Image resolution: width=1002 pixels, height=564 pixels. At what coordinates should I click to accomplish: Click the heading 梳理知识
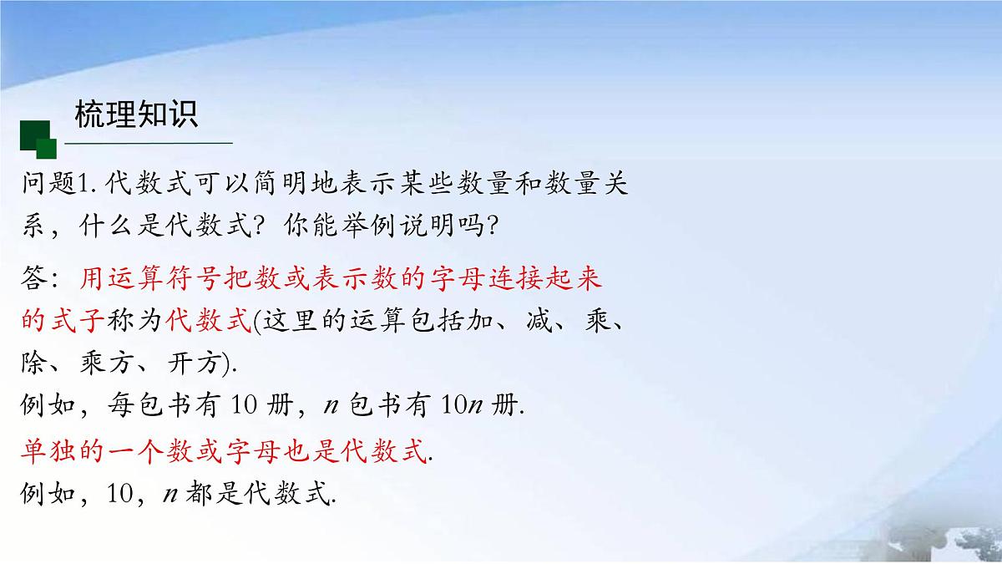click(x=136, y=114)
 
